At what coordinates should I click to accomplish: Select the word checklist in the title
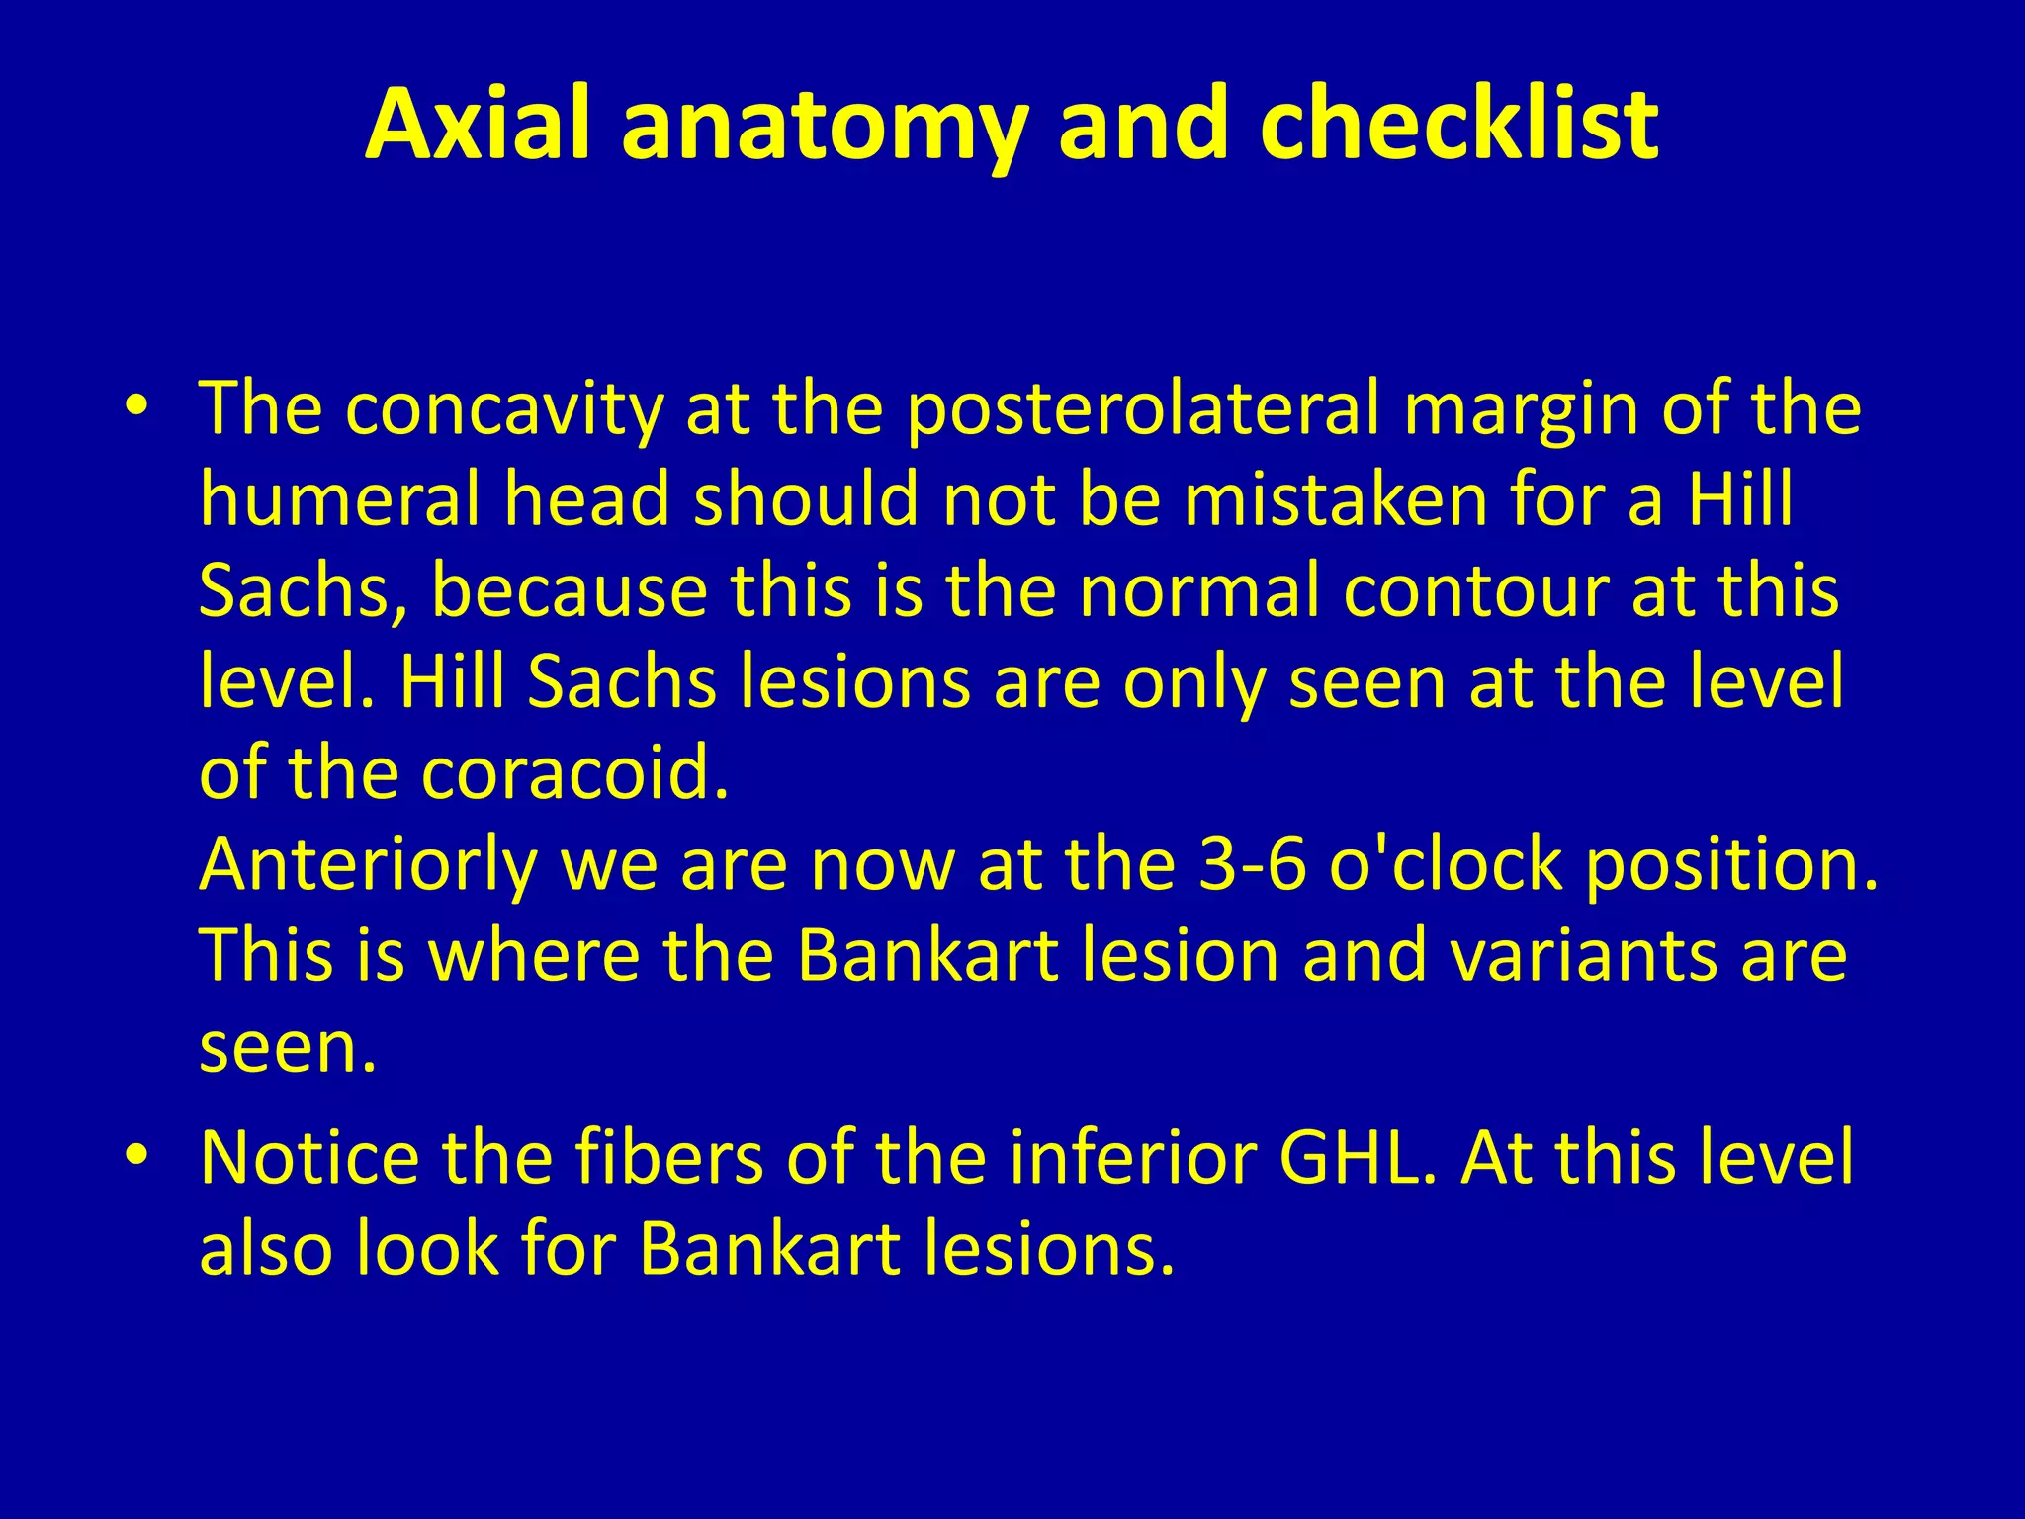point(1458,124)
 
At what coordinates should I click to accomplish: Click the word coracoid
point(573,772)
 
